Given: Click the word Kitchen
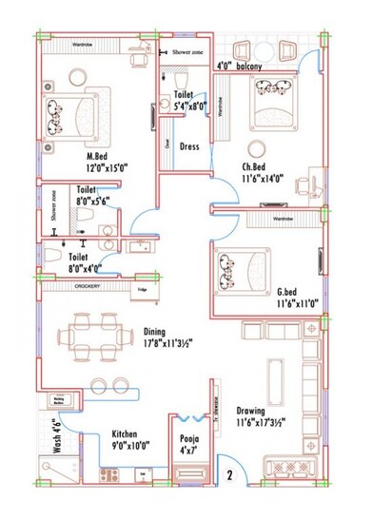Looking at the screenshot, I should pos(128,430).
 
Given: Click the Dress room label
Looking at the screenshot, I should pos(189,146).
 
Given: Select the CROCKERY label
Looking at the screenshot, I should pos(88,287).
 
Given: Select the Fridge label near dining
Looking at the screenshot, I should pos(141,288).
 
